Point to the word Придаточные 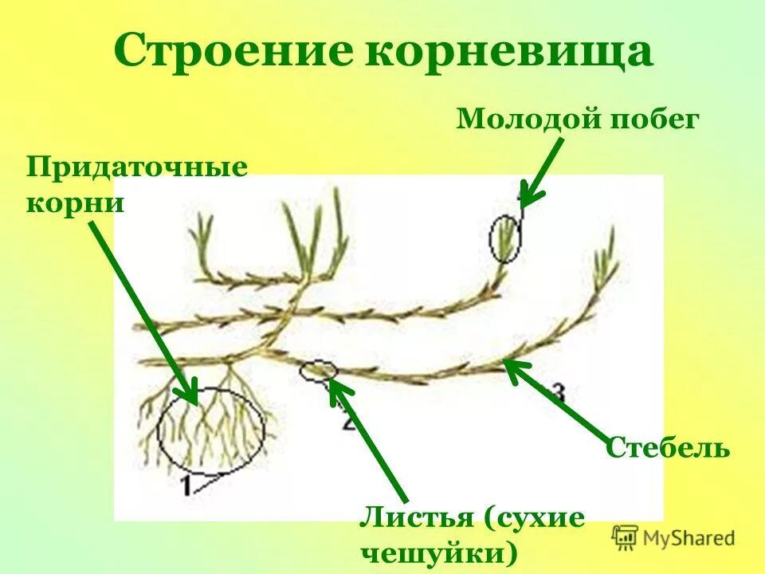point(137,168)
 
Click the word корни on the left point(76,202)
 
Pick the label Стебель point(668,447)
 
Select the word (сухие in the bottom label point(533,518)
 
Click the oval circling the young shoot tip point(505,238)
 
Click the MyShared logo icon point(625,537)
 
